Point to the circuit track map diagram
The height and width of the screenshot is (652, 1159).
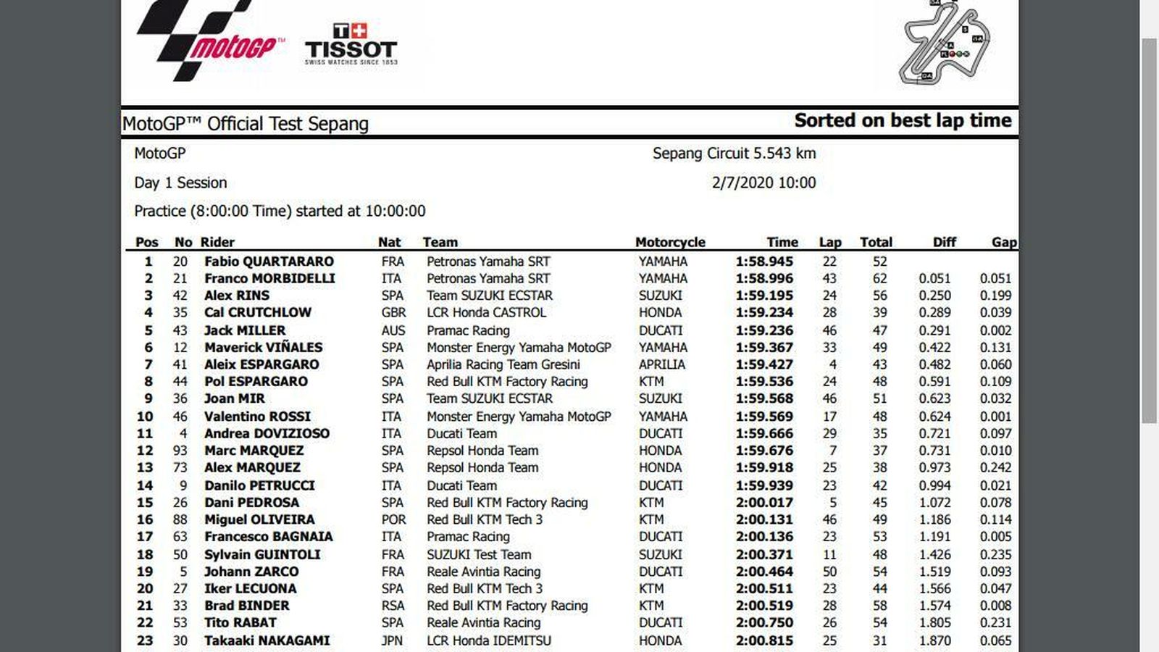945,43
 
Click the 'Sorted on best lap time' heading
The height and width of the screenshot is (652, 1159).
903,121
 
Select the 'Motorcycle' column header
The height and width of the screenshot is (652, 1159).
670,243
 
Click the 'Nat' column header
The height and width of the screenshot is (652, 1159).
389,243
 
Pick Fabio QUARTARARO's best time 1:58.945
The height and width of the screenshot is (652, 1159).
764,262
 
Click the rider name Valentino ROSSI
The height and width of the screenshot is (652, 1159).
257,417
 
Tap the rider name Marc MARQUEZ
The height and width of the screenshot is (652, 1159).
254,451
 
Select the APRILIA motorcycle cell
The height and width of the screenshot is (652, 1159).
661,364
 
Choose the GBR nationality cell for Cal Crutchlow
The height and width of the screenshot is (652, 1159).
393,313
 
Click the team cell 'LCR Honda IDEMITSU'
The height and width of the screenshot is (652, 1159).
488,640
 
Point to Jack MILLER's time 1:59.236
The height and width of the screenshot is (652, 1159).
764,330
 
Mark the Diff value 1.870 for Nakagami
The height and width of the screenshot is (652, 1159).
934,640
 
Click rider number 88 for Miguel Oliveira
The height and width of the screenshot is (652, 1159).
180,519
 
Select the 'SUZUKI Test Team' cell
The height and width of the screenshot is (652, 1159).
479,554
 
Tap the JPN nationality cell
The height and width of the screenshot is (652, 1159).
392,640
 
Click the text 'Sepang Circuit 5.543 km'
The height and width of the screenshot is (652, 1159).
734,154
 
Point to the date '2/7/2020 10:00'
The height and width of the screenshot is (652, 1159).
763,183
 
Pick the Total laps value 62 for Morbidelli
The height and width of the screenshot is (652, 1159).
879,279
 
